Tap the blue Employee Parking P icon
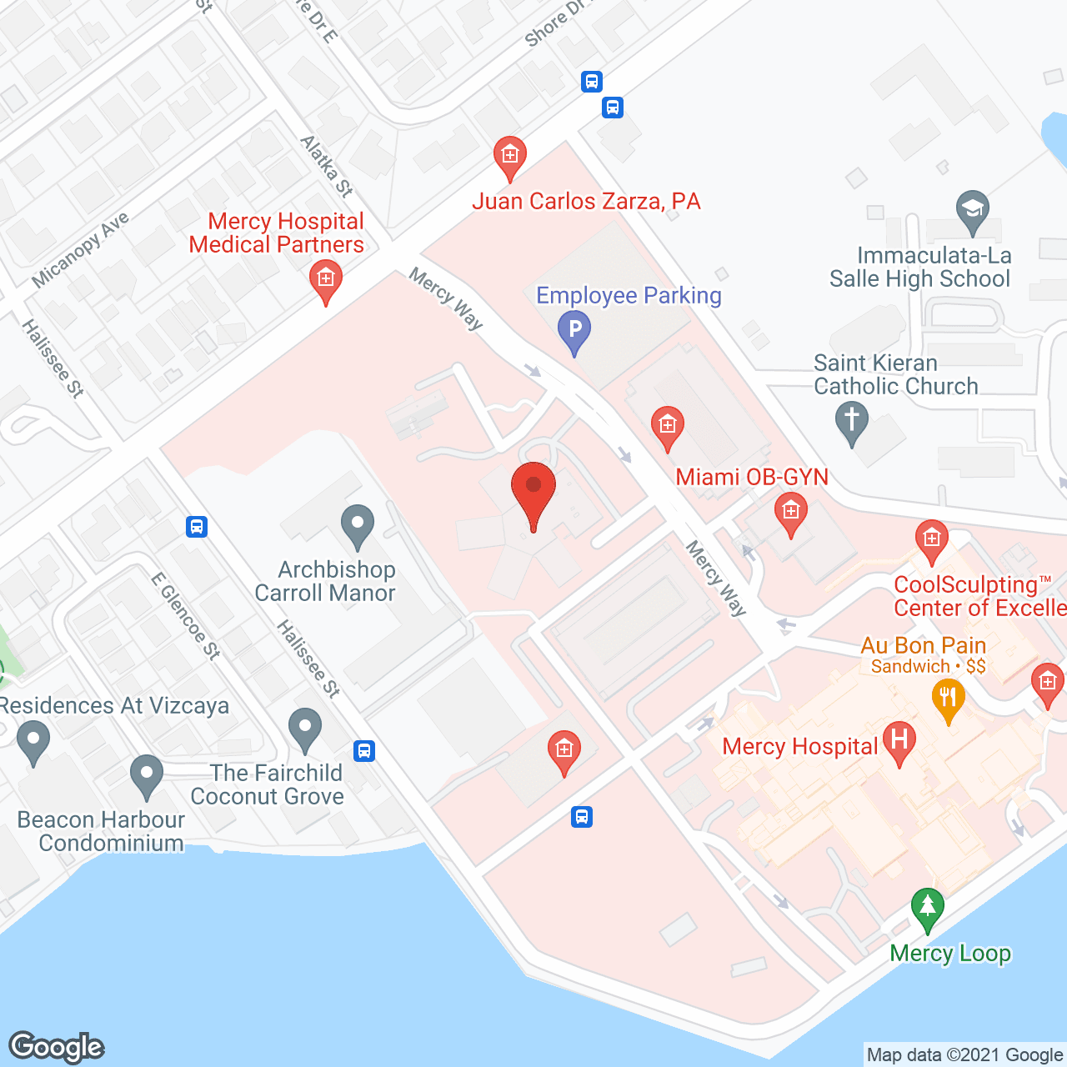pos(574,330)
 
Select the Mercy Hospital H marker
pos(899,741)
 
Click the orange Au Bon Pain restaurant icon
pos(949,698)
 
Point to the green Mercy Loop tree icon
pos(927,908)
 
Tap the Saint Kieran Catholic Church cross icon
pos(852,421)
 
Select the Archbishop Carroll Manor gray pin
pos(358,526)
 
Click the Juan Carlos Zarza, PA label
pos(586,202)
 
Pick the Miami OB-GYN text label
pos(752,477)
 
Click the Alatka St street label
pos(326,166)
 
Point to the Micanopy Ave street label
pos(81,249)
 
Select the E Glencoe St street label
pos(186,616)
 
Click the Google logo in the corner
pos(57,1047)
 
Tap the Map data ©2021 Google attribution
pos(964,1055)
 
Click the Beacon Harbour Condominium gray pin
pos(147,776)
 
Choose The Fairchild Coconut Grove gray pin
pos(305,729)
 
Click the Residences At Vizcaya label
pos(114,706)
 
